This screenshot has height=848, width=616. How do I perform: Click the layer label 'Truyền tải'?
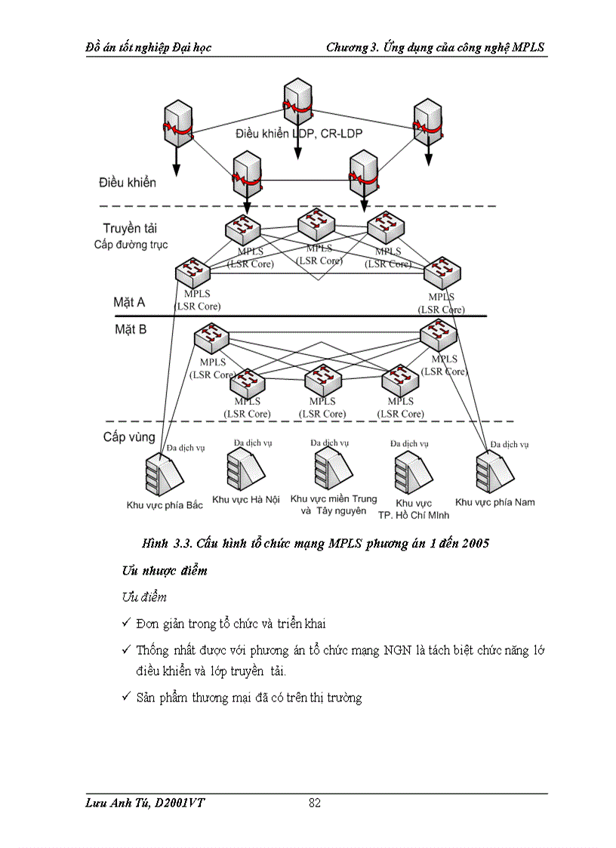pos(130,228)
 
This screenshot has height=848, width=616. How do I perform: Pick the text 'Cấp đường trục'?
pos(131,245)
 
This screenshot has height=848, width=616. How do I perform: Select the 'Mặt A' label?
pos(129,302)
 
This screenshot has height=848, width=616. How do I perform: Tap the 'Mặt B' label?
pos(130,329)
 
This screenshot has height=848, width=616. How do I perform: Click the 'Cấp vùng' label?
pos(129,436)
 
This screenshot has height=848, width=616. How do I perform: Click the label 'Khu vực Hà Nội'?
pos(245,500)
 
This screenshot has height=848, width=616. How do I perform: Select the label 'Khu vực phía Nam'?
pos(494,502)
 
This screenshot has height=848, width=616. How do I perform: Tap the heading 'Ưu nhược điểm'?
pos(164,571)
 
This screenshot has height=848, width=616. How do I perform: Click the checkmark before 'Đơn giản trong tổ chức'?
pos(126,624)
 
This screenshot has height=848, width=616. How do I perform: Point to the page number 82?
pos(315,803)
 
